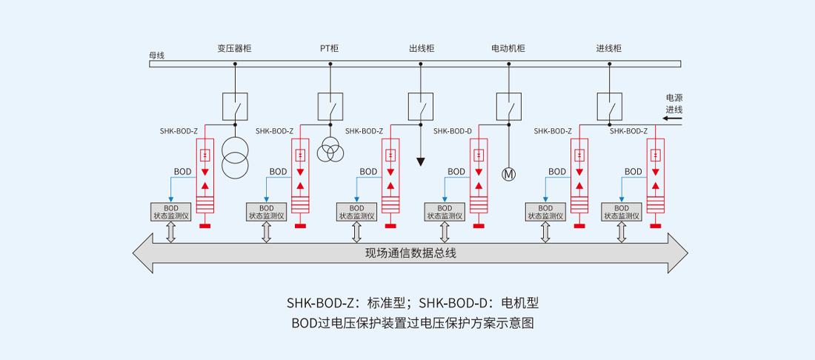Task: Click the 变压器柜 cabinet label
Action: click(x=234, y=49)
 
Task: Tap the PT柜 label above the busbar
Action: click(x=329, y=49)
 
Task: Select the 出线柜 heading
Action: click(x=421, y=49)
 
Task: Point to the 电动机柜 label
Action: click(x=508, y=49)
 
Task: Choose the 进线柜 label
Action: click(x=608, y=49)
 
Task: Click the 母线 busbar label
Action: click(x=156, y=56)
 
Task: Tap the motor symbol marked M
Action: click(x=508, y=175)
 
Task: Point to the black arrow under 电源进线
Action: click(x=673, y=118)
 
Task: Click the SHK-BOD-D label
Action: click(x=453, y=131)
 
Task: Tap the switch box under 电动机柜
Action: click(x=508, y=106)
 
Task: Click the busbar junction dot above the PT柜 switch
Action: click(x=330, y=64)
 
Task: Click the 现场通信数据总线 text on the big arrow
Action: click(x=410, y=253)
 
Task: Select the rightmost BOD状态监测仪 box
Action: click(x=622, y=213)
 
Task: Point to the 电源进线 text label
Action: click(x=673, y=104)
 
